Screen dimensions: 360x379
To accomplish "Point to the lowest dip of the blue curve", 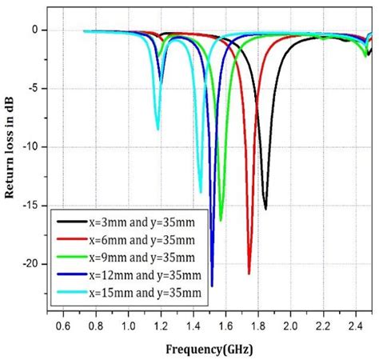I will point(212,286).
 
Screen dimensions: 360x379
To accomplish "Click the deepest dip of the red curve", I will point(249,274).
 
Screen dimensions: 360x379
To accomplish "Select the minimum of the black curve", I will point(265,209).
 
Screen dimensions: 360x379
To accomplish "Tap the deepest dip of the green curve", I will point(221,220).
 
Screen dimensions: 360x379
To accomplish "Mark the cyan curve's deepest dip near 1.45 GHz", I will point(201,192).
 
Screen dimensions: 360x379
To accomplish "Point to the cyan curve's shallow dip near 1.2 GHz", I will point(158,130).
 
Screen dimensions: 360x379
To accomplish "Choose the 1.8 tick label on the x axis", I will point(257,326).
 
